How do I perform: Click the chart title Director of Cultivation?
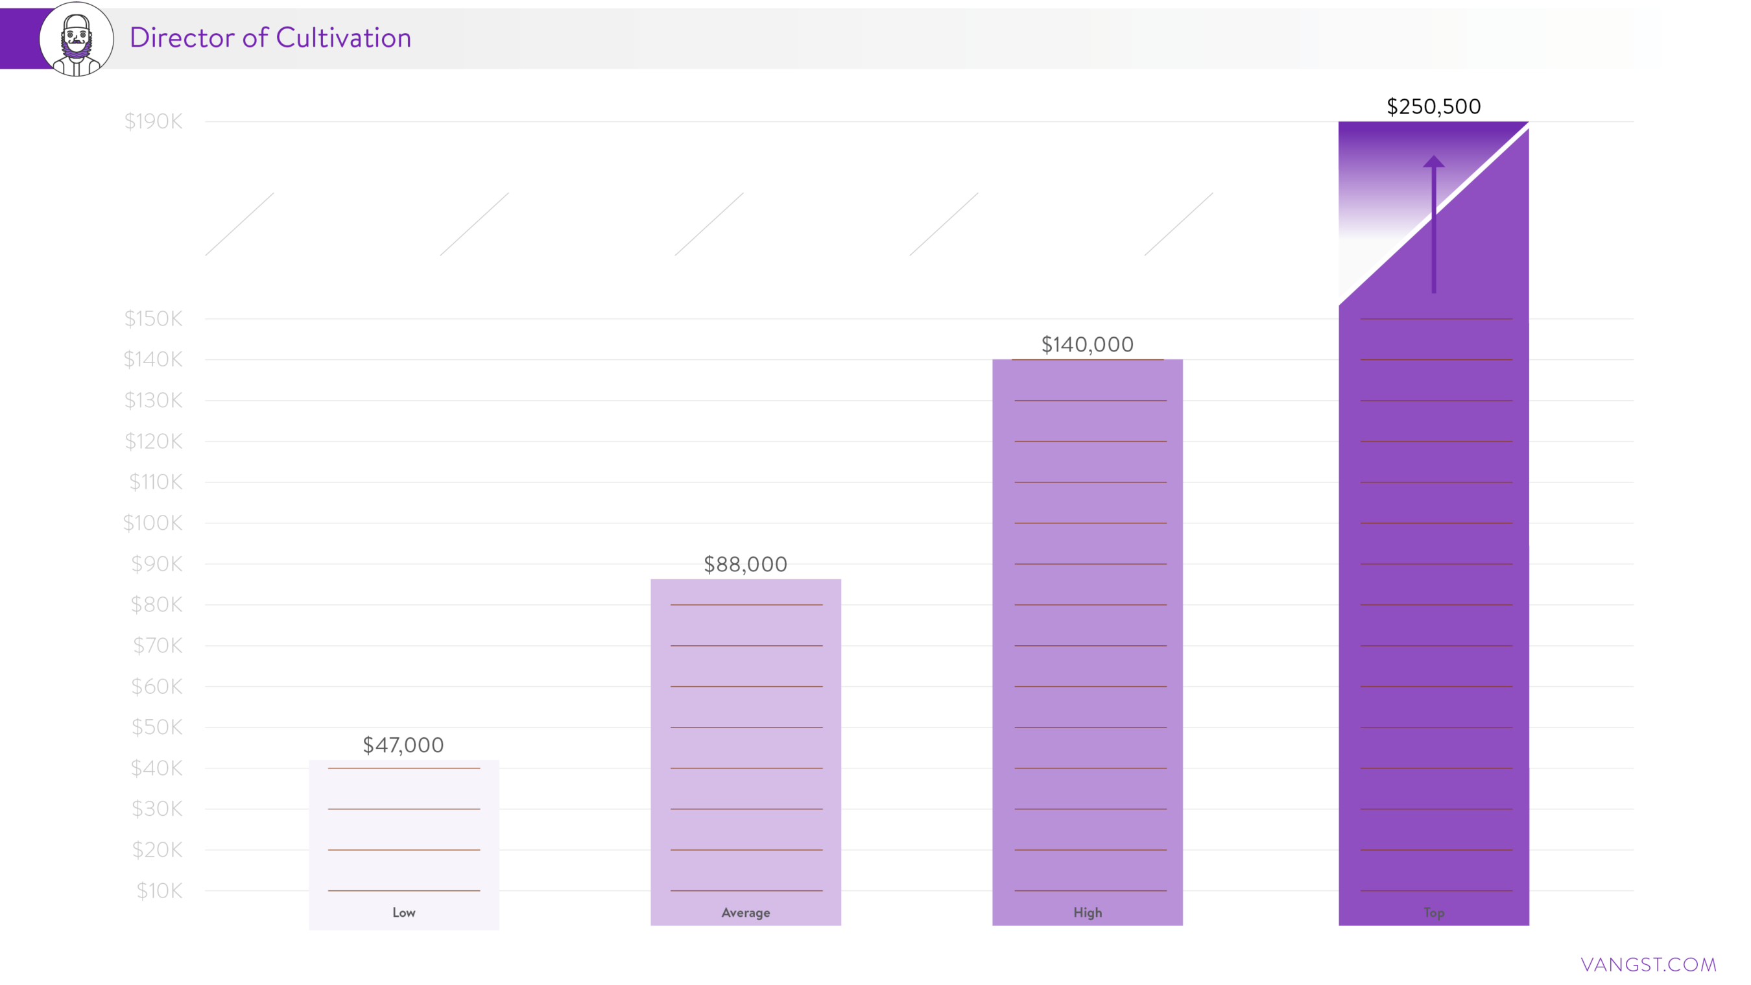pyautogui.click(x=270, y=38)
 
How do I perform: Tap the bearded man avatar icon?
pyautogui.click(x=76, y=40)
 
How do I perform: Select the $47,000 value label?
pyautogui.click(x=403, y=745)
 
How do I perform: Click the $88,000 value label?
pyautogui.click(x=745, y=564)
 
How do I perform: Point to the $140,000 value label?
pyautogui.click(x=1087, y=344)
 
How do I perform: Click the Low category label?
pyautogui.click(x=404, y=912)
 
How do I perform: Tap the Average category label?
pyautogui.click(x=746, y=912)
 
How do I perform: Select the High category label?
pyautogui.click(x=1088, y=912)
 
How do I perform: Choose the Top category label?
pyautogui.click(x=1434, y=912)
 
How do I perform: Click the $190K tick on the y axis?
pyautogui.click(x=153, y=122)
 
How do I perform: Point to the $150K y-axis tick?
pyautogui.click(x=153, y=319)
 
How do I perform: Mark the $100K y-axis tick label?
pyautogui.click(x=152, y=523)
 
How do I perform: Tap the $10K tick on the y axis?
pyautogui.click(x=159, y=890)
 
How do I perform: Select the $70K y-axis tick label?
pyautogui.click(x=157, y=645)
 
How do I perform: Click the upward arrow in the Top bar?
pyautogui.click(x=1434, y=224)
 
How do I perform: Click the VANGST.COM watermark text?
pyautogui.click(x=1648, y=964)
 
